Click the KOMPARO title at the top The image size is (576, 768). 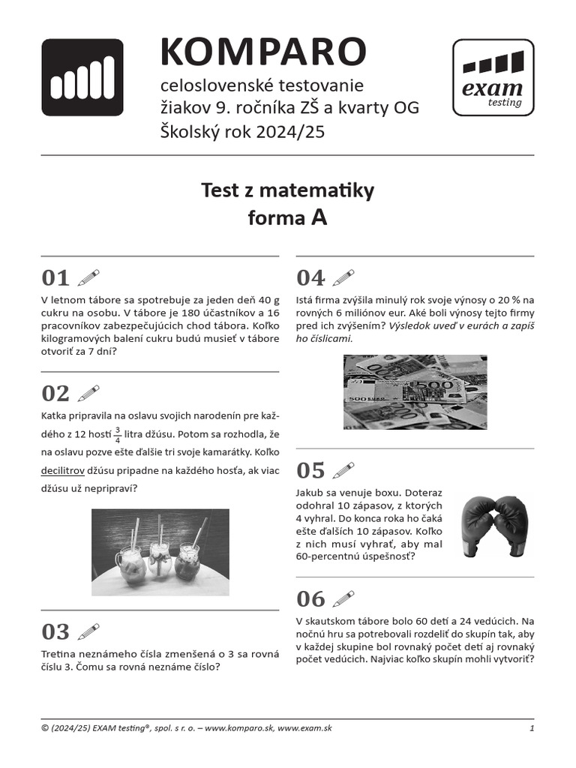(262, 52)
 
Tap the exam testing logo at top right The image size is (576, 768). (493, 77)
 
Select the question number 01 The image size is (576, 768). (55, 278)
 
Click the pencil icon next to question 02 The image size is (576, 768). (88, 393)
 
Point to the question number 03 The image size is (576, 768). (55, 631)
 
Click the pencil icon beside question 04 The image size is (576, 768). (343, 277)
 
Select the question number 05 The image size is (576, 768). (310, 470)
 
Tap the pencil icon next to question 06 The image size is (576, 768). (343, 598)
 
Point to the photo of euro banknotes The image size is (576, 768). (415, 392)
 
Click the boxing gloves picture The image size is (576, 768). (493, 526)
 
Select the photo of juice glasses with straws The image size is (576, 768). (160, 552)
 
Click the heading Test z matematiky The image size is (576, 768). (287, 191)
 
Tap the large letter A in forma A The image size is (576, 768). (318, 217)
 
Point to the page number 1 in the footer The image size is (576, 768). (531, 728)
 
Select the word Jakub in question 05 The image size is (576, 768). (311, 493)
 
